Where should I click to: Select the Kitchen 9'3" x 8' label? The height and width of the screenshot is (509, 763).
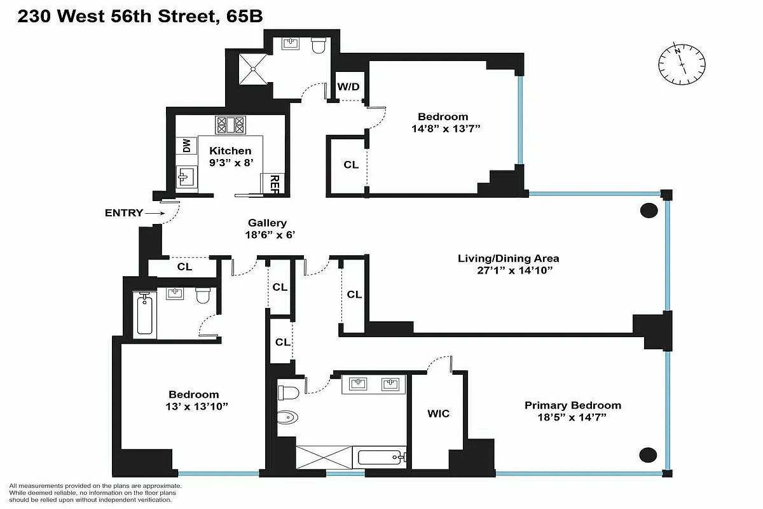click(x=230, y=157)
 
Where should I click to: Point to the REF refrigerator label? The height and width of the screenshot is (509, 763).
click(x=275, y=185)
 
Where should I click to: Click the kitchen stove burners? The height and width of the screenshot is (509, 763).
click(x=230, y=124)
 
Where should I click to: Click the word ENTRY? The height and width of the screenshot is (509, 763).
click(x=123, y=213)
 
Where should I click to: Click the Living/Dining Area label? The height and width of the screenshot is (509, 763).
click(x=509, y=264)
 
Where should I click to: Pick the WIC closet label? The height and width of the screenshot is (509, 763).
click(x=438, y=414)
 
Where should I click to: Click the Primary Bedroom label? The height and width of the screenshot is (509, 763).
click(x=572, y=411)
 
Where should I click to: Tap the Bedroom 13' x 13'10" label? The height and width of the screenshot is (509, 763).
click(x=193, y=400)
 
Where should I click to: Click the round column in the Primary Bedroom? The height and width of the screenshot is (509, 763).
click(x=648, y=454)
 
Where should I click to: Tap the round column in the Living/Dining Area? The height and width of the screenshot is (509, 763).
click(x=649, y=210)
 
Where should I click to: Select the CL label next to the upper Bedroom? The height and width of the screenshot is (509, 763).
click(x=351, y=164)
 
